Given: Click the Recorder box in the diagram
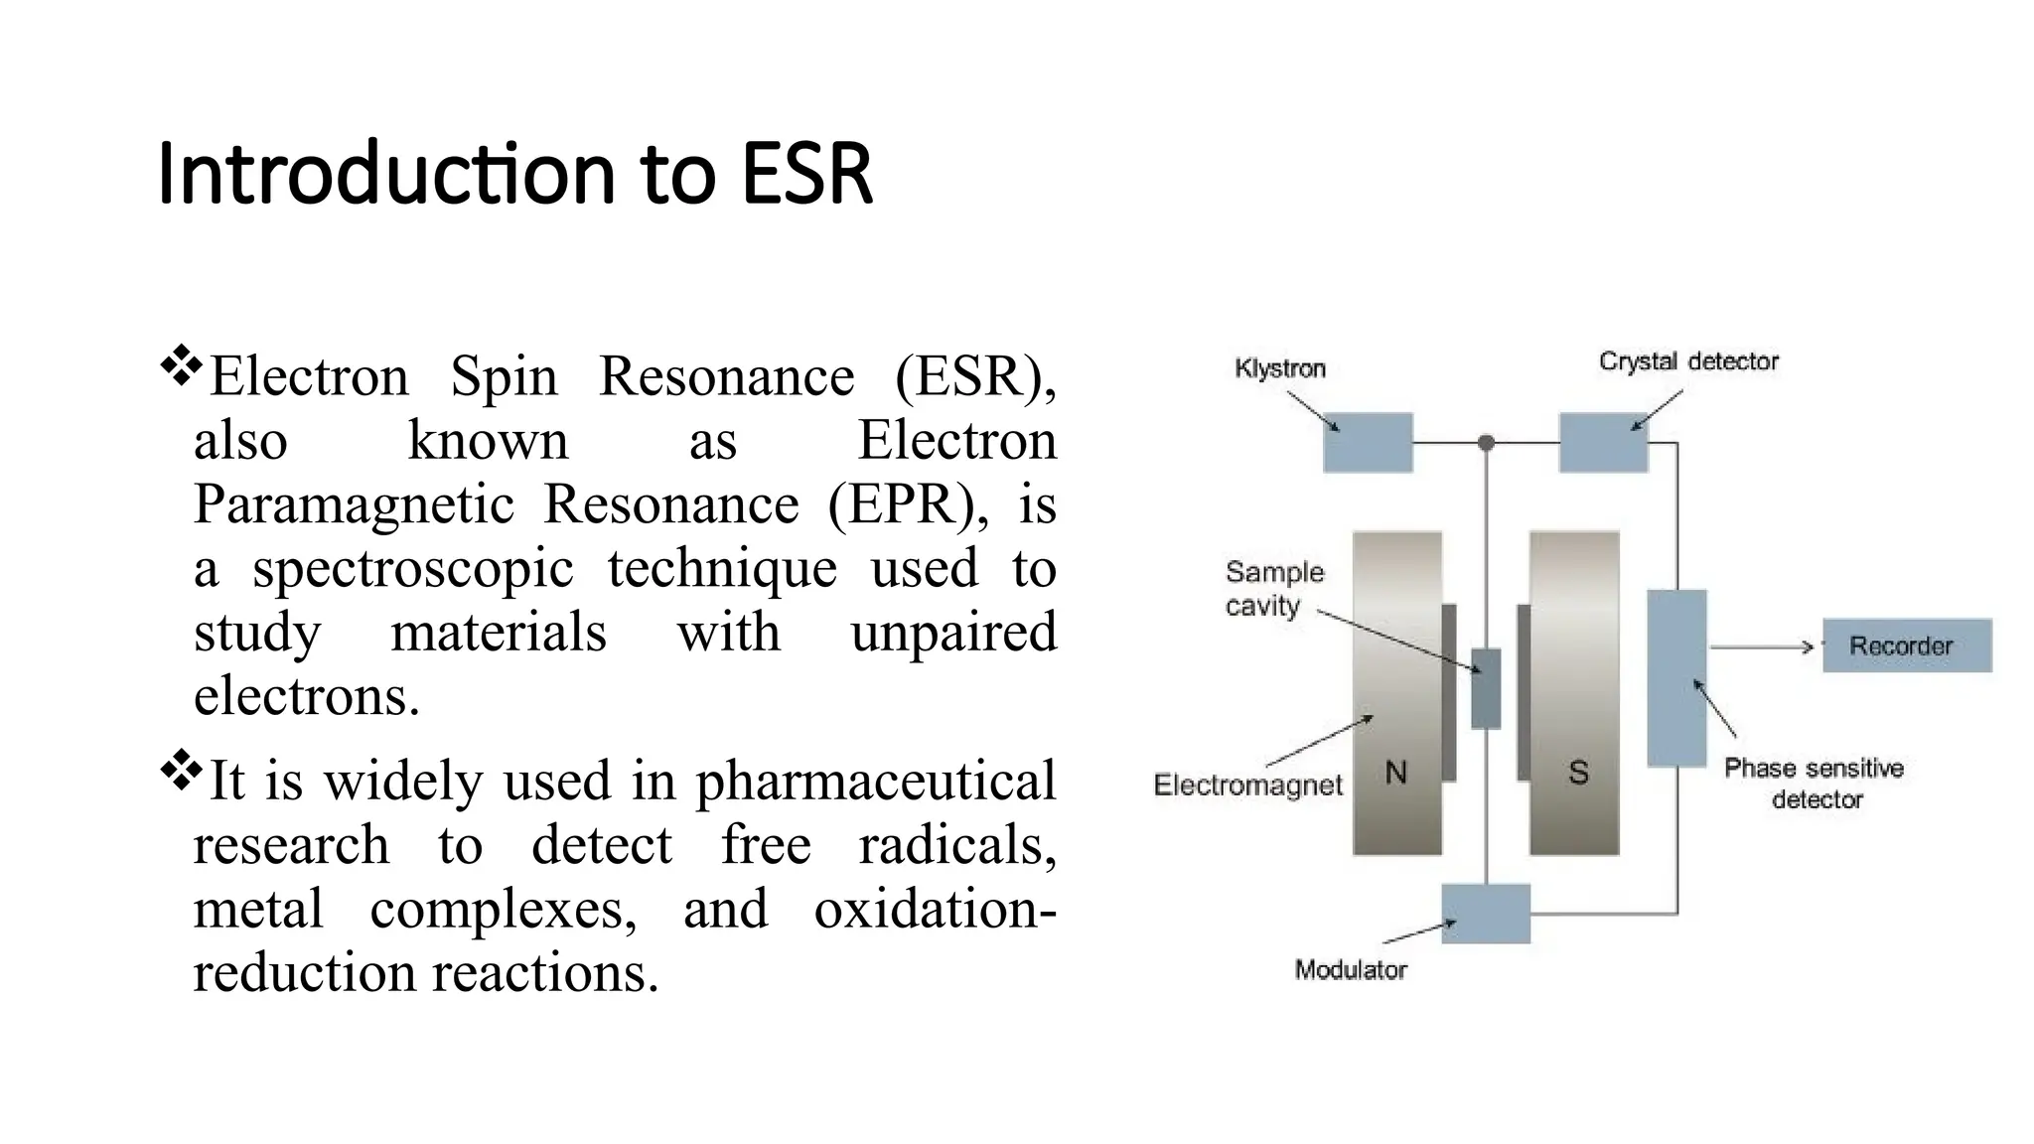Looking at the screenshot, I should [x=1906, y=645].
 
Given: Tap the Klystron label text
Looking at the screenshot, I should [x=1279, y=368].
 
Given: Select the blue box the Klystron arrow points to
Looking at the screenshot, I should [x=1368, y=443].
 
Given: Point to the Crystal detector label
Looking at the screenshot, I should [x=1687, y=361].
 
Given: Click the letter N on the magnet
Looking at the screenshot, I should [x=1395, y=773].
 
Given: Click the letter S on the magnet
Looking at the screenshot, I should [x=1578, y=773].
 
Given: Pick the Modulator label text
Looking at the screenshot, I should [x=1350, y=970].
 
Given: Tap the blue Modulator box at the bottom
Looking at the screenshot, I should [x=1485, y=914].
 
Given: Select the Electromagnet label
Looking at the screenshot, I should [x=1247, y=786].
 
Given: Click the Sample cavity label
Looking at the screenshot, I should [x=1273, y=589].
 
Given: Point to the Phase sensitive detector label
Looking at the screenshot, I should [x=1814, y=784].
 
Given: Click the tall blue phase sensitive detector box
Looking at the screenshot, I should [x=1676, y=678].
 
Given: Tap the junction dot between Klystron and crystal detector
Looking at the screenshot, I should [x=1486, y=443].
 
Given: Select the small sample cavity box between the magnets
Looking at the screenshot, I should [x=1486, y=688].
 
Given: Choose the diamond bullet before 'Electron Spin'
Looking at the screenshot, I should [x=181, y=366].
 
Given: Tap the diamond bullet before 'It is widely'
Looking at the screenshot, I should [x=181, y=771].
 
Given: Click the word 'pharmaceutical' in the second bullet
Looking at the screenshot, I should [x=875, y=781].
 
